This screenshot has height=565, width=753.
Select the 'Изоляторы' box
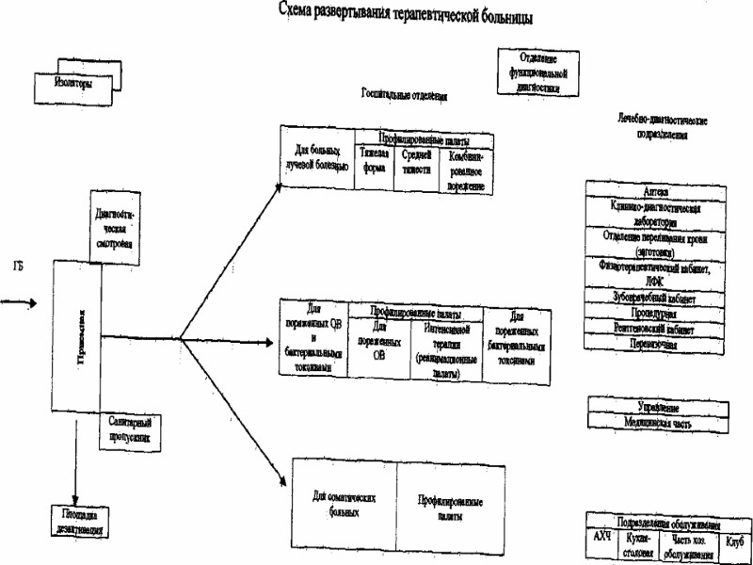click(x=74, y=83)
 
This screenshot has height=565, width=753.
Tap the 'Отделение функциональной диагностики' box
click(x=537, y=72)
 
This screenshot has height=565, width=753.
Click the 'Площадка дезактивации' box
click(x=79, y=523)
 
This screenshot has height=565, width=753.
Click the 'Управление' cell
click(x=658, y=406)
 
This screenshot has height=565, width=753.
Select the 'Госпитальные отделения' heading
click(x=403, y=96)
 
